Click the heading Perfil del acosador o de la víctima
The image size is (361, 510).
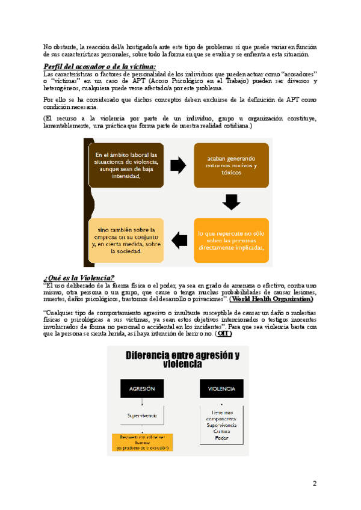coord(100,66)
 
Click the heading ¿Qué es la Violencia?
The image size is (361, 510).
coord(79,277)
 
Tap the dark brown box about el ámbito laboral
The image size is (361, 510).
coord(126,165)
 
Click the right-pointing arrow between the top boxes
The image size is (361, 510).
coord(179,165)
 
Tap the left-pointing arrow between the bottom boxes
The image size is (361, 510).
coord(179,240)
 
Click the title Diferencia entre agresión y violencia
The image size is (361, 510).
coord(183,360)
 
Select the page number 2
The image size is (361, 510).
coord(314,484)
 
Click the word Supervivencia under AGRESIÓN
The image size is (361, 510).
coord(142,415)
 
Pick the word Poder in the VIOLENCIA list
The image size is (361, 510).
coord(221,438)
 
